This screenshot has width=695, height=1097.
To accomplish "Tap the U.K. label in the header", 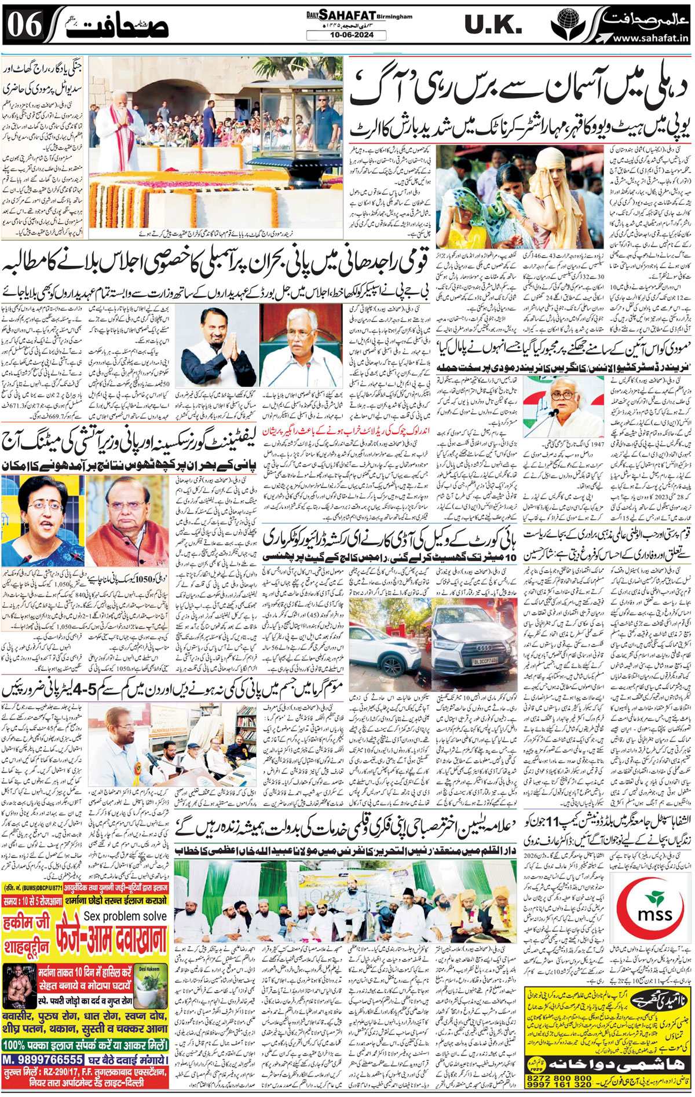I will [493, 25].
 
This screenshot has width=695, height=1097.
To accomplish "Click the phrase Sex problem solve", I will [125, 916].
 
